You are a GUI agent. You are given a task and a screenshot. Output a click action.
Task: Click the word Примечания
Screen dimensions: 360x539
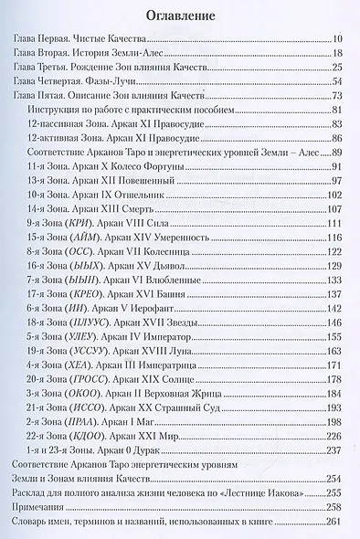45,534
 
